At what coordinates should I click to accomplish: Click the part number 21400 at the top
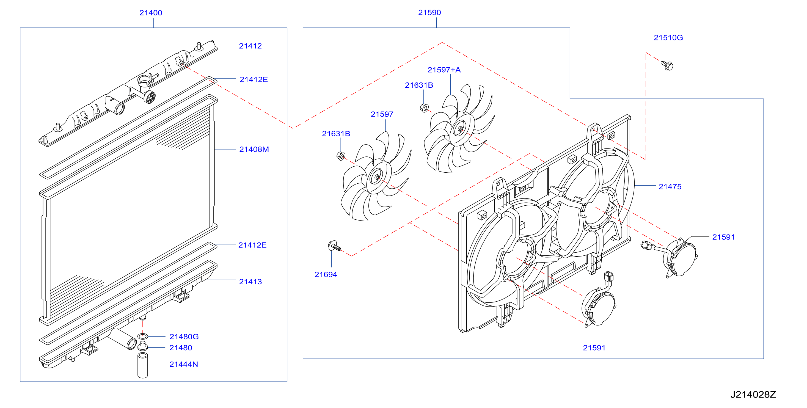tap(151, 13)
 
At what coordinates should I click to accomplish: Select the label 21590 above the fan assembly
tap(429, 13)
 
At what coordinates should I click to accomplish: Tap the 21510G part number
tap(668, 38)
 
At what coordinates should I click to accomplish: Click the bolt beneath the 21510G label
tap(667, 65)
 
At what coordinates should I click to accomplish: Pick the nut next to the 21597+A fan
tap(424, 108)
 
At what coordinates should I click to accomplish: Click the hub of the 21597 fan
tap(378, 177)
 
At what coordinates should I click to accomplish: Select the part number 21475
tap(670, 187)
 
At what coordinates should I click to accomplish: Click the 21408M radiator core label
tap(254, 150)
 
